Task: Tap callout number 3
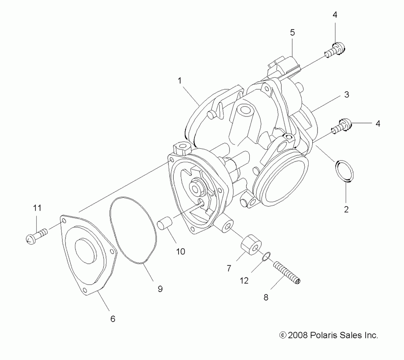coord(346,95)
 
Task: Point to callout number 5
coord(292,33)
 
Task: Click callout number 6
coord(113,319)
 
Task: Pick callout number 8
coord(265,297)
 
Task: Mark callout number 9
coord(160,289)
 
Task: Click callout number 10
coord(180,251)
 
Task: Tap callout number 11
coord(37,208)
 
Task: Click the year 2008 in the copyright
coord(298,335)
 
